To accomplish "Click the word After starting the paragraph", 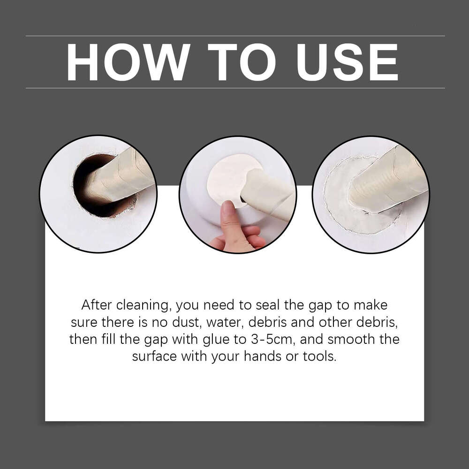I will (x=97, y=305).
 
